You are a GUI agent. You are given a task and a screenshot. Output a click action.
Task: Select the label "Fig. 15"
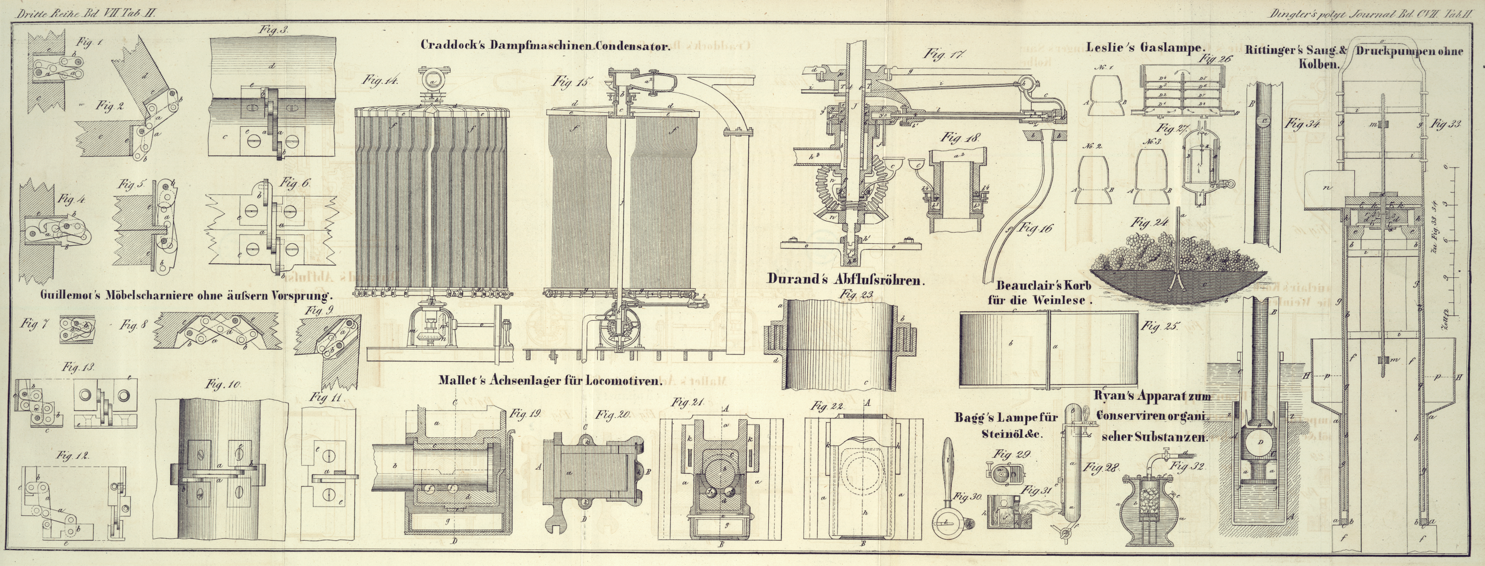pyautogui.click(x=571, y=82)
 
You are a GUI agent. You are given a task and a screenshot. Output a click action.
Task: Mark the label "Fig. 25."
pyautogui.click(x=1160, y=327)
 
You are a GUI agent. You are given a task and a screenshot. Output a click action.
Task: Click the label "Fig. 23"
pyautogui.click(x=857, y=294)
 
